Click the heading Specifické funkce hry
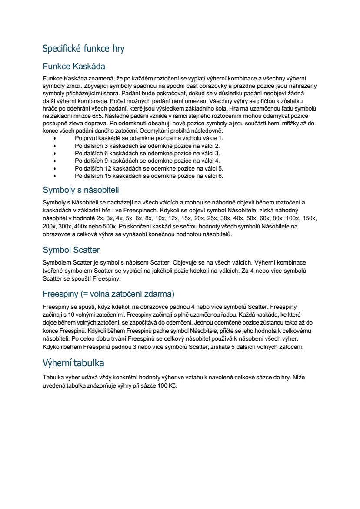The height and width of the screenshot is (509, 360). [83, 48]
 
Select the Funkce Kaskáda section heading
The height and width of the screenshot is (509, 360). [74, 67]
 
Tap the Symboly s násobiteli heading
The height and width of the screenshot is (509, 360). [81, 190]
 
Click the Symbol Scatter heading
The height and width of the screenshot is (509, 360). [71, 250]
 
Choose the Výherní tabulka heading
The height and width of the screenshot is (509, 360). [73, 363]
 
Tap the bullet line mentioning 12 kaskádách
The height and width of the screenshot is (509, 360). [149, 168]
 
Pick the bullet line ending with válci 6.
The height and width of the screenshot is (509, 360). [149, 176]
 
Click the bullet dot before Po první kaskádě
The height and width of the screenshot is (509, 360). [54, 138]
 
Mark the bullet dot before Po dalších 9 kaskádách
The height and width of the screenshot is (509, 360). [54, 161]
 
